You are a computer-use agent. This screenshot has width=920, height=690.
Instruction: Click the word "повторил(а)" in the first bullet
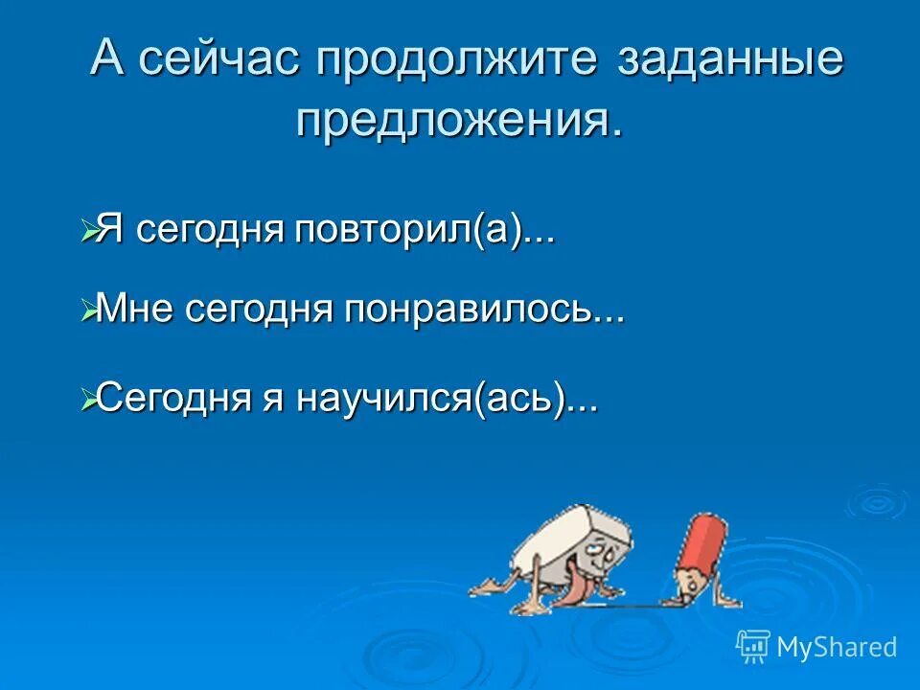pos(425,232)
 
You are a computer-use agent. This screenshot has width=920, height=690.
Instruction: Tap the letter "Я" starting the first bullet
pos(111,232)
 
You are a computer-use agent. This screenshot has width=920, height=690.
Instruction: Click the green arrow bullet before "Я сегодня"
pos(88,232)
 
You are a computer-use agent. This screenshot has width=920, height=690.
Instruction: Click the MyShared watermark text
pos(837,648)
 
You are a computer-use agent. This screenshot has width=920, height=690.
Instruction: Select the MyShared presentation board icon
pos(753,647)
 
